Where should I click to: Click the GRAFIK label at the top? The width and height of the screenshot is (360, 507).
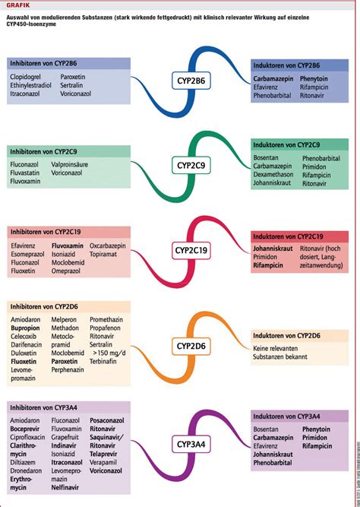(x=17, y=5)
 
